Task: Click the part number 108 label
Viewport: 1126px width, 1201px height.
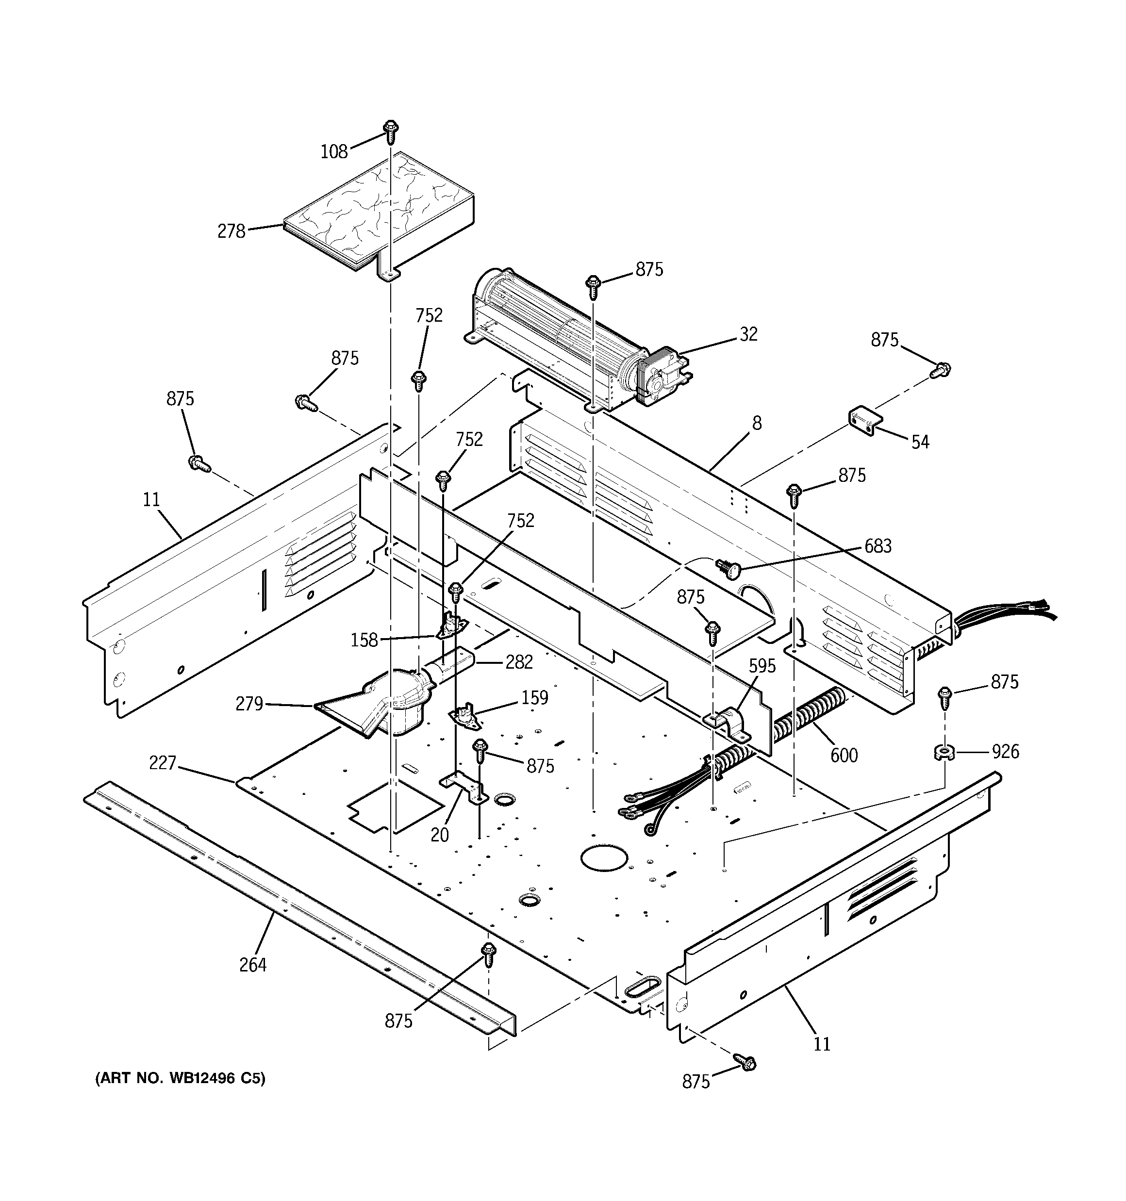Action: [333, 151]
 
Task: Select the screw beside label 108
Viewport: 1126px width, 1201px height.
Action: [391, 131]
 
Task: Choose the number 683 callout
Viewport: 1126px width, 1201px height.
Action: [878, 546]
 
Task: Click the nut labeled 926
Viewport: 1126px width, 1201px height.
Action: [943, 753]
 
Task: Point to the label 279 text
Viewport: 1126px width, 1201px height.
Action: [249, 704]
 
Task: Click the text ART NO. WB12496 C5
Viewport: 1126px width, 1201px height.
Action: [180, 1078]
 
